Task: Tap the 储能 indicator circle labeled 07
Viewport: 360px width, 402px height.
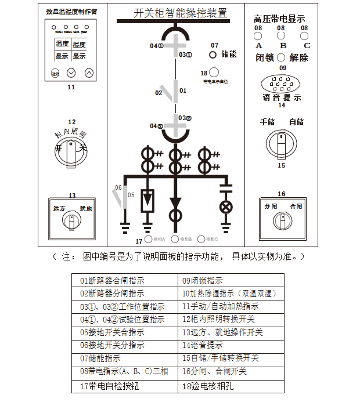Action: point(213,55)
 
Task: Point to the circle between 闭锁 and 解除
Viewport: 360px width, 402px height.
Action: point(281,57)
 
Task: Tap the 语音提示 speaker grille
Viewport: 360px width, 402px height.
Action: point(282,84)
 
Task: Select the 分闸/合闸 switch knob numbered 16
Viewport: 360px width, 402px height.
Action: point(282,220)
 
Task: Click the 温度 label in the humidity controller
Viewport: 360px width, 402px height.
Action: point(62,44)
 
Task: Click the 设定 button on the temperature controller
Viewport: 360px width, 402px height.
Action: point(55,74)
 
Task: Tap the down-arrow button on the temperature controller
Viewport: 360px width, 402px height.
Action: point(71,73)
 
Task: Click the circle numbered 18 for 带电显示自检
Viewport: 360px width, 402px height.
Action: point(214,73)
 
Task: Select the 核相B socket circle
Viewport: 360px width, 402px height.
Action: point(175,239)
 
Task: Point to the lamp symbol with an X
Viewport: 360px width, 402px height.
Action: point(225,208)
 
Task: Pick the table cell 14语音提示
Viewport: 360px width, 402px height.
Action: point(231,346)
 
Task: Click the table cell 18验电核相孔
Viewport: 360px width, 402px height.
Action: point(231,385)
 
